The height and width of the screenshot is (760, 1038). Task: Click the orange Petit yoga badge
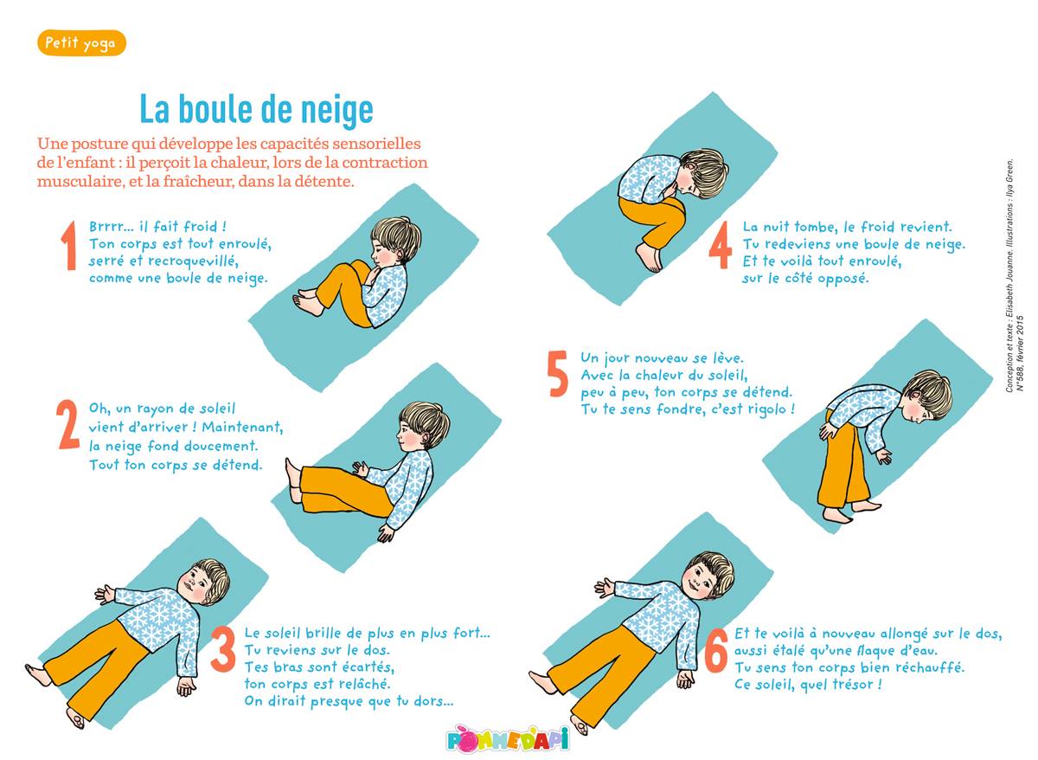(81, 43)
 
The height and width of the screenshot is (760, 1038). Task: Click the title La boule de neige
(256, 109)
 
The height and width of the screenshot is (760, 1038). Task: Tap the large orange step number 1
(69, 246)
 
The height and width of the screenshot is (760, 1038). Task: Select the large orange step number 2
(67, 424)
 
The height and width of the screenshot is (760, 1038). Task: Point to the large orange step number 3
(223, 649)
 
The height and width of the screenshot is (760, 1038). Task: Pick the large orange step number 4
(721, 245)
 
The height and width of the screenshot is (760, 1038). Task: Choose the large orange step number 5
(557, 374)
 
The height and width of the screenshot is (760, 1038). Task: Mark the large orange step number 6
(716, 650)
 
